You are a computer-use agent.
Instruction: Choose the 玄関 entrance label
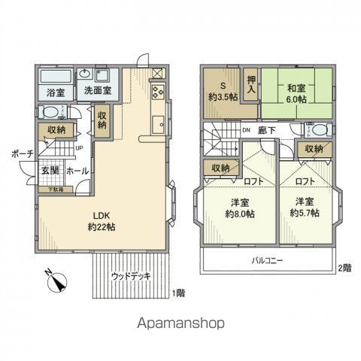pos(50,171)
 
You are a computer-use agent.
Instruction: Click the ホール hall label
pos(77,171)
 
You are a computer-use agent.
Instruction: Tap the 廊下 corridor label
pos(267,130)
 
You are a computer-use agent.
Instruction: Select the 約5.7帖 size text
pos(304,214)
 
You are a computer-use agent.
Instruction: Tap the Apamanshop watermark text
pos(180,323)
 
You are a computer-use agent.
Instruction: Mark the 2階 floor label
pos(344,268)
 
